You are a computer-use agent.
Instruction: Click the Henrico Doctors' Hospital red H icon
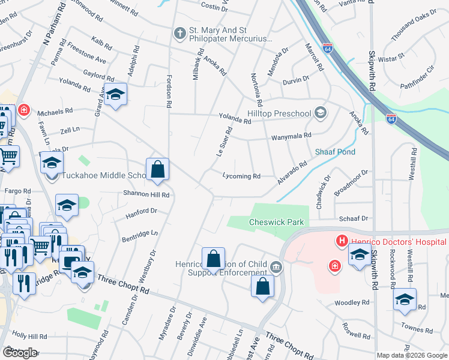(x=342, y=242)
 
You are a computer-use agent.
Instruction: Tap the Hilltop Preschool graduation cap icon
(x=321, y=112)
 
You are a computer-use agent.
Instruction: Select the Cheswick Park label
(x=277, y=222)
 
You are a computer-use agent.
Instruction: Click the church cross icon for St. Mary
(x=179, y=33)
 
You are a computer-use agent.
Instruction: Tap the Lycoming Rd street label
(x=241, y=176)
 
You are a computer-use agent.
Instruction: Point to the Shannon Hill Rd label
(x=147, y=194)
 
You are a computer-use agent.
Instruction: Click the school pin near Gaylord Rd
(x=115, y=95)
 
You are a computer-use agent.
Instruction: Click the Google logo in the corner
(x=20, y=352)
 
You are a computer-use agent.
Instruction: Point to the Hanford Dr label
(x=141, y=212)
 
